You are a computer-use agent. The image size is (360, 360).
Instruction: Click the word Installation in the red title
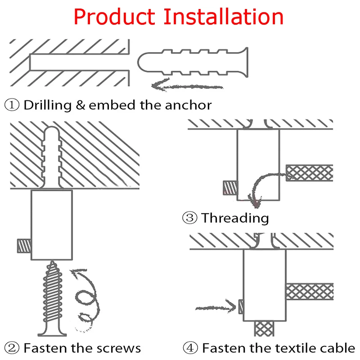point(223,16)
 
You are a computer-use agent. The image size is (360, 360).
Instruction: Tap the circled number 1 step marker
point(12,105)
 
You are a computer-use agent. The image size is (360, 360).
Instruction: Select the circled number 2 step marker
point(12,347)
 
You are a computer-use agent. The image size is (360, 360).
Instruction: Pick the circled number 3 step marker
point(189,218)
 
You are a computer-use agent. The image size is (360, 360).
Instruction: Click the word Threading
point(235,218)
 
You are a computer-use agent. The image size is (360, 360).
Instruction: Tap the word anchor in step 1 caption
point(188,105)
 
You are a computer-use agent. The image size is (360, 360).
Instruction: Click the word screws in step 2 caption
point(119,347)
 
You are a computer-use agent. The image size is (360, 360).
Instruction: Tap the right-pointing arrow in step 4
point(216,307)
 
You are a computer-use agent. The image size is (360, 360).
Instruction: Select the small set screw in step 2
point(24,246)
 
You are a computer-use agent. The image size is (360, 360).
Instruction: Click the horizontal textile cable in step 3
point(310,173)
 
